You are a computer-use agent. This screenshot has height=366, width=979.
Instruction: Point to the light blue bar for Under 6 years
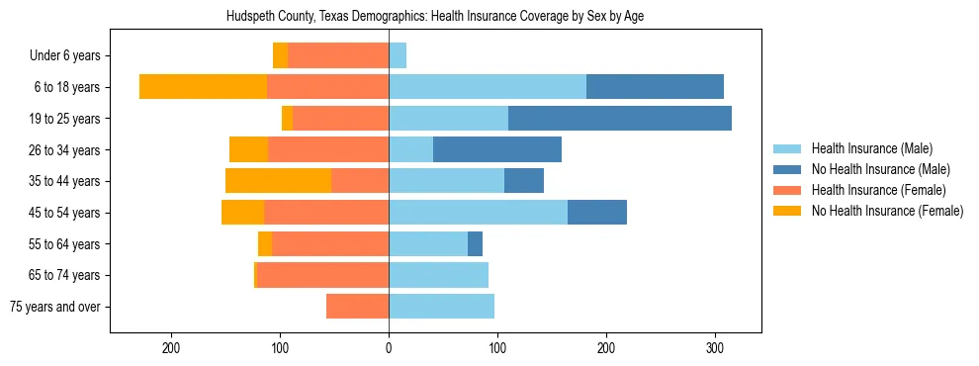coord(398,55)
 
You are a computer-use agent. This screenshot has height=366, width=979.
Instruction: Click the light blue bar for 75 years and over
coord(441,307)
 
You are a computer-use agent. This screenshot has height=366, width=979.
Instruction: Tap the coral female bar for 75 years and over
coord(357,307)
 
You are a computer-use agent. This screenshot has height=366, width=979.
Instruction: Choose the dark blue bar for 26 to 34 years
coord(497,149)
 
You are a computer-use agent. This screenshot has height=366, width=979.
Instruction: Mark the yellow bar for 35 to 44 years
coord(278,181)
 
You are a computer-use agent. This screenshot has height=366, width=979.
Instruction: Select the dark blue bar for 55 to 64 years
coord(475,244)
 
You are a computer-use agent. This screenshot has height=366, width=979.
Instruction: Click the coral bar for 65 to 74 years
coord(322,275)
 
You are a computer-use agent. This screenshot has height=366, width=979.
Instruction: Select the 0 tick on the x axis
coord(389,348)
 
